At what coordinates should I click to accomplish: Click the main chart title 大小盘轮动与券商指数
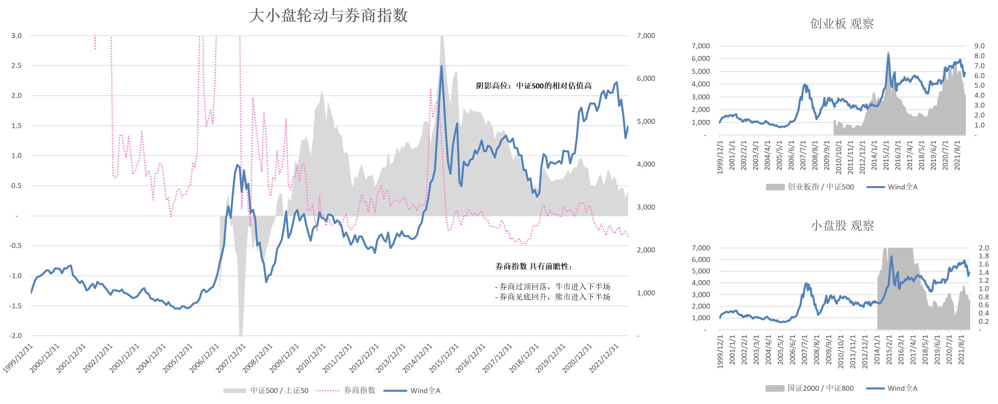(x=328, y=16)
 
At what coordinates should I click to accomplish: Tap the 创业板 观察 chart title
(x=842, y=24)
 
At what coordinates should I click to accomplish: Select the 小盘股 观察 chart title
(x=842, y=226)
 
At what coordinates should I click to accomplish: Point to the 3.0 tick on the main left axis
(x=16, y=36)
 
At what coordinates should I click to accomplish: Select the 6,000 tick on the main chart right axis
(x=646, y=78)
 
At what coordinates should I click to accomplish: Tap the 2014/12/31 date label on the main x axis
(x=418, y=358)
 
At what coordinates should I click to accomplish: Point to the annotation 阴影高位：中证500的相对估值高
(x=534, y=86)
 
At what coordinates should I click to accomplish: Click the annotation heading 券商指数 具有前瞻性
(x=533, y=266)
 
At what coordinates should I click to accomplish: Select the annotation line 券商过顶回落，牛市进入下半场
(x=553, y=287)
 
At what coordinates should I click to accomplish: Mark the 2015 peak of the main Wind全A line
(x=442, y=66)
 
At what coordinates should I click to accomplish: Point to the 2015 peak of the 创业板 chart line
(x=888, y=55)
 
